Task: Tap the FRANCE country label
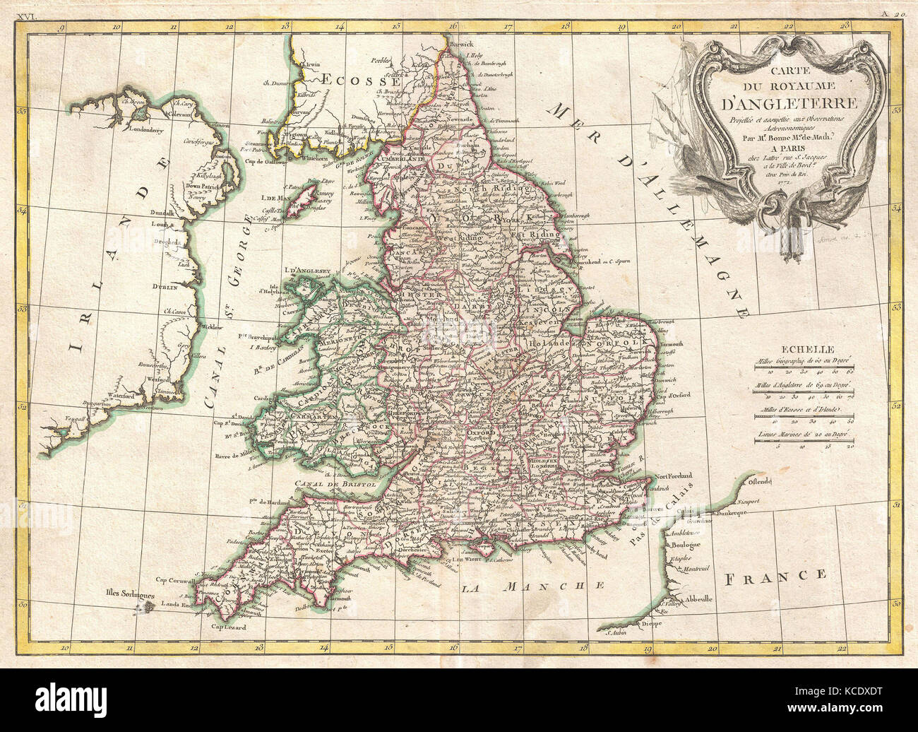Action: point(775,575)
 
